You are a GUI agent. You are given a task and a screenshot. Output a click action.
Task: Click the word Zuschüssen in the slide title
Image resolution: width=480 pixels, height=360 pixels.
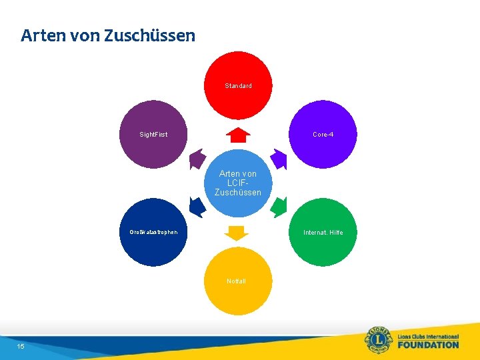[x=150, y=35]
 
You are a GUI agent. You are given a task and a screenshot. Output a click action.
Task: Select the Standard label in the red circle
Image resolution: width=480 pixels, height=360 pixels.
[x=238, y=86]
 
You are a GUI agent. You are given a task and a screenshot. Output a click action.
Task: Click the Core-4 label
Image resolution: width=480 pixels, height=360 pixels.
[x=323, y=135]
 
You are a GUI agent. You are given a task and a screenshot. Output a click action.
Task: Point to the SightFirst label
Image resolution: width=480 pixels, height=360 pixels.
[x=153, y=135]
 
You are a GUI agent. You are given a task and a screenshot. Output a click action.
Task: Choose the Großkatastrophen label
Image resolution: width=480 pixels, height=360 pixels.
[x=153, y=233]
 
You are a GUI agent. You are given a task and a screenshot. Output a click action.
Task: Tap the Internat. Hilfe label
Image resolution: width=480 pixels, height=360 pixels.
[x=323, y=233]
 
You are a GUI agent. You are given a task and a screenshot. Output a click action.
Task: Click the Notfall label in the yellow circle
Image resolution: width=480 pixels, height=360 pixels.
[x=236, y=281]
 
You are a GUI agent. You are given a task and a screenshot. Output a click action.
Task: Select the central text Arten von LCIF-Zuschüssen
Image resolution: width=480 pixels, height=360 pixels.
[x=238, y=183]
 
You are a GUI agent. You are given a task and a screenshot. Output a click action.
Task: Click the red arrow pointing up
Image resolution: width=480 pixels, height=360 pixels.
[x=238, y=135]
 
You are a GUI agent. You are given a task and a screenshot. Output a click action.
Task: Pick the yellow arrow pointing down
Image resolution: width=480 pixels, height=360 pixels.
[x=236, y=233]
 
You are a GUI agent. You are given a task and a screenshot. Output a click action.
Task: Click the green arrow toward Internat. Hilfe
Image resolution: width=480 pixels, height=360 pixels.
[x=279, y=207]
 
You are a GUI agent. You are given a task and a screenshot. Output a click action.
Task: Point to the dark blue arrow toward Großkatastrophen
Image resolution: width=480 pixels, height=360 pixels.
[x=197, y=207]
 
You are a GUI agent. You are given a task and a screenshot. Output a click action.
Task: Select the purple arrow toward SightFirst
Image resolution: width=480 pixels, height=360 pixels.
[x=197, y=159]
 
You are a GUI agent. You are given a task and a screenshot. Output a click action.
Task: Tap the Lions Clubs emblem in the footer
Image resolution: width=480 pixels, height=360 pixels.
[x=379, y=340]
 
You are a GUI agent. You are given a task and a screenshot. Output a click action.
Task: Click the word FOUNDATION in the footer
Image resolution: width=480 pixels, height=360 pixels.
[x=428, y=345]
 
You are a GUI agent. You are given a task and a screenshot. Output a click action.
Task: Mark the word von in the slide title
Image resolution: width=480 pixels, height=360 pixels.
[x=82, y=35]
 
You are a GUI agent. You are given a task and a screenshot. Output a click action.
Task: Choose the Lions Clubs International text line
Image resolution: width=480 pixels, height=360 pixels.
[x=428, y=337]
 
